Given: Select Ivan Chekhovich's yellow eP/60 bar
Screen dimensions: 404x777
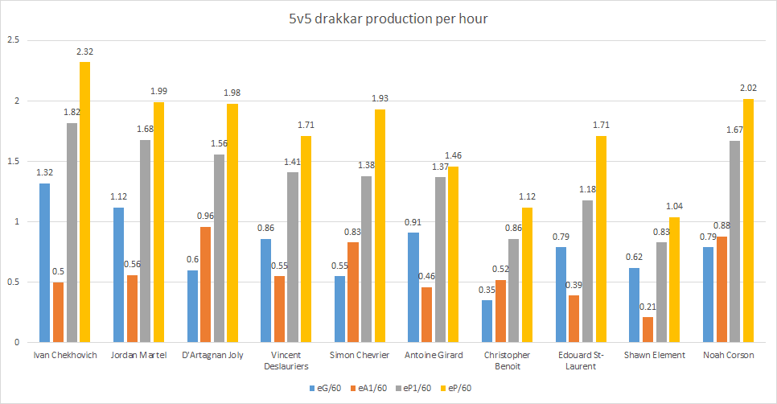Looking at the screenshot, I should pyautogui.click(x=84, y=202).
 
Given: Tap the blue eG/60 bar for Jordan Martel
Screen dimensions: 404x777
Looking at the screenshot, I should pyautogui.click(x=118, y=274).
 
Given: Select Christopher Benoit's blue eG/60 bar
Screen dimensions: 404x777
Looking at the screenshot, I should pyautogui.click(x=487, y=321).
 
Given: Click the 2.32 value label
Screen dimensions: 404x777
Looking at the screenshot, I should pyautogui.click(x=84, y=52).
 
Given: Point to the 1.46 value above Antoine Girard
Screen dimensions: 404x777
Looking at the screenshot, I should pyautogui.click(x=455, y=155).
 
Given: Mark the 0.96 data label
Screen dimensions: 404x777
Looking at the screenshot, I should pyautogui.click(x=207, y=216).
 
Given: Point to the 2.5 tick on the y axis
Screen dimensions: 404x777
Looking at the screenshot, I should pyautogui.click(x=12, y=40).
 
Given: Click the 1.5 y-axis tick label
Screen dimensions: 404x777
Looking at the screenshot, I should pyautogui.click(x=12, y=161).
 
